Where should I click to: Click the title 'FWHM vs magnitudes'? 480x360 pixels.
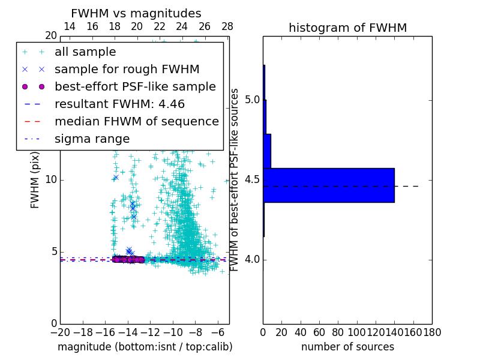click(136, 14)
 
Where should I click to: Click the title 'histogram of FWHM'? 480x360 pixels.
click(347, 28)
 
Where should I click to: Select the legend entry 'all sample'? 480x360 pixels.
click(85, 52)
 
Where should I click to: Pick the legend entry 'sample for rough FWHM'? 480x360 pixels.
click(127, 70)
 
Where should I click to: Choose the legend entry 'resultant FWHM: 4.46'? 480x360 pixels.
click(119, 104)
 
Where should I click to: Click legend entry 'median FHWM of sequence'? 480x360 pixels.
click(136, 122)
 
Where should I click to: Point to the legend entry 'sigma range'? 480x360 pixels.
click(92, 139)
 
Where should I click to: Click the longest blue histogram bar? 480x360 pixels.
click(328, 185)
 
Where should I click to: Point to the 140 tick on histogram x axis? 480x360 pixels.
click(395, 332)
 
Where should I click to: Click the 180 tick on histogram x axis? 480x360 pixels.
click(432, 332)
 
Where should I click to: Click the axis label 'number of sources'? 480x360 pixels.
click(347, 347)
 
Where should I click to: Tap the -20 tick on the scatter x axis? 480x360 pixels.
click(60, 332)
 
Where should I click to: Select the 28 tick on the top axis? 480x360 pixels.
click(227, 26)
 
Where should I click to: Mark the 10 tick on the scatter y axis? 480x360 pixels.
click(50, 180)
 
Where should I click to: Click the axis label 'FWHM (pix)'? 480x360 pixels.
click(35, 180)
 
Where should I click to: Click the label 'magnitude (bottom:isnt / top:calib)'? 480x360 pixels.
click(145, 347)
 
